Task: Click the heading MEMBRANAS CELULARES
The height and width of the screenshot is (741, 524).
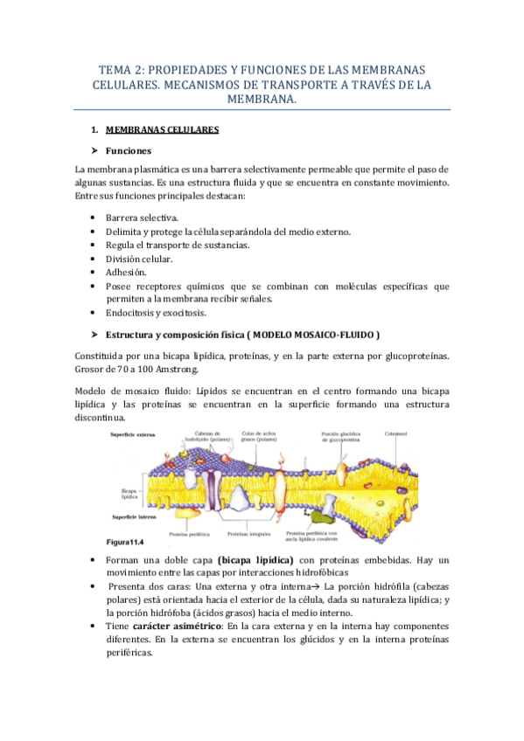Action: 162,130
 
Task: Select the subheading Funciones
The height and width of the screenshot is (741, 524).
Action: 129,150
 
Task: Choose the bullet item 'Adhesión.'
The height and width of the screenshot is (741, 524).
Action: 125,273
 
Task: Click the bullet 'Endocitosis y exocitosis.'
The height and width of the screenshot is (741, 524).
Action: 156,313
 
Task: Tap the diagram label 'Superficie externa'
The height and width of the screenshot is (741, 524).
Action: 132,434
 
